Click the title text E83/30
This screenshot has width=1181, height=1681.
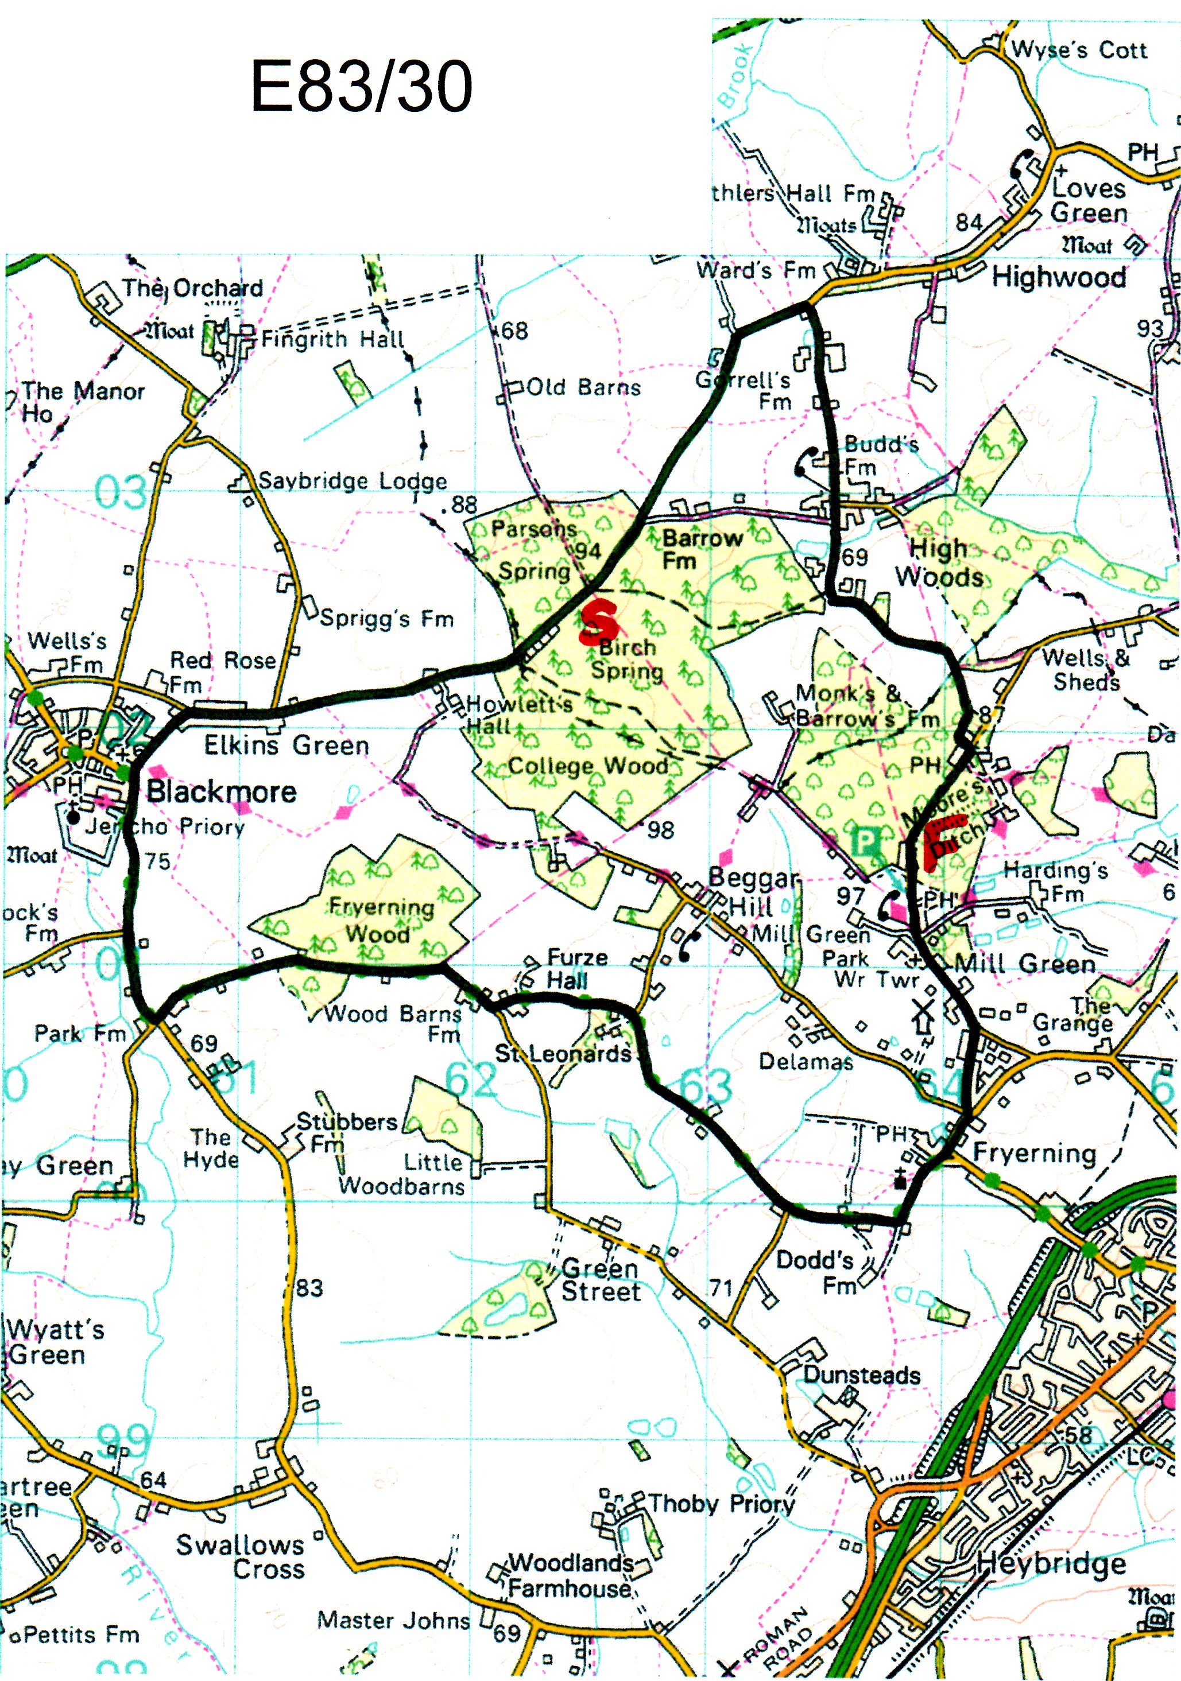(x=361, y=87)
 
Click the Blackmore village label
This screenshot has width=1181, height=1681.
(x=221, y=791)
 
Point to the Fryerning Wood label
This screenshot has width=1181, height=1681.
(x=380, y=921)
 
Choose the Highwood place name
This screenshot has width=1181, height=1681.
(x=1059, y=277)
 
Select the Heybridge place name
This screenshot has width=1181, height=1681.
(x=1051, y=1564)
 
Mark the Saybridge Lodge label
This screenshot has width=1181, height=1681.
(x=353, y=481)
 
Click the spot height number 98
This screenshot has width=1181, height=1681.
(x=660, y=829)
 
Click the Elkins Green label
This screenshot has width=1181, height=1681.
(x=286, y=746)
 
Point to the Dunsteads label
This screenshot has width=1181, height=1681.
(x=862, y=1375)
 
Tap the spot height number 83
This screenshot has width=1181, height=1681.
(x=309, y=1288)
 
